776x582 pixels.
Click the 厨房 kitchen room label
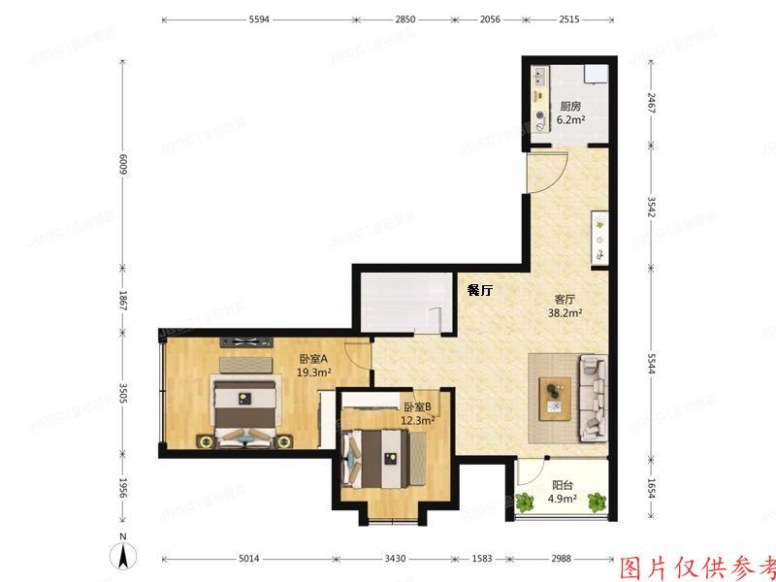pos(569,107)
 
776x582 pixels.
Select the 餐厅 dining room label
pos(480,289)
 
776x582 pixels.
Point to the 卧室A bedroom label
pos(315,358)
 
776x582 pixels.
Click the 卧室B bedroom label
pos(417,407)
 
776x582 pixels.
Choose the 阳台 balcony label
pos(562,487)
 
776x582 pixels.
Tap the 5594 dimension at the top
pos(259,19)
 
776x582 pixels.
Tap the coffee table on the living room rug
pos(555,399)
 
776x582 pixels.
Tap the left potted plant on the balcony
pos(526,502)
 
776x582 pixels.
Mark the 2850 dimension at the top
pos(405,19)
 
